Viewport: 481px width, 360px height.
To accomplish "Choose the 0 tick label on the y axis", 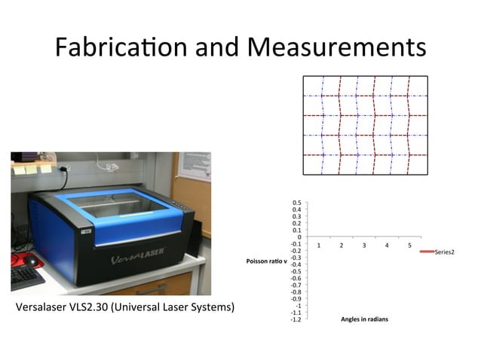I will [300, 237].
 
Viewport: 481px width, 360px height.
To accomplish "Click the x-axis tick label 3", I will [364, 246].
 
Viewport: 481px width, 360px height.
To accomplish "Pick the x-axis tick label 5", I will [409, 246].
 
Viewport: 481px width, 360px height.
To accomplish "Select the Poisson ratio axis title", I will [263, 261].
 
